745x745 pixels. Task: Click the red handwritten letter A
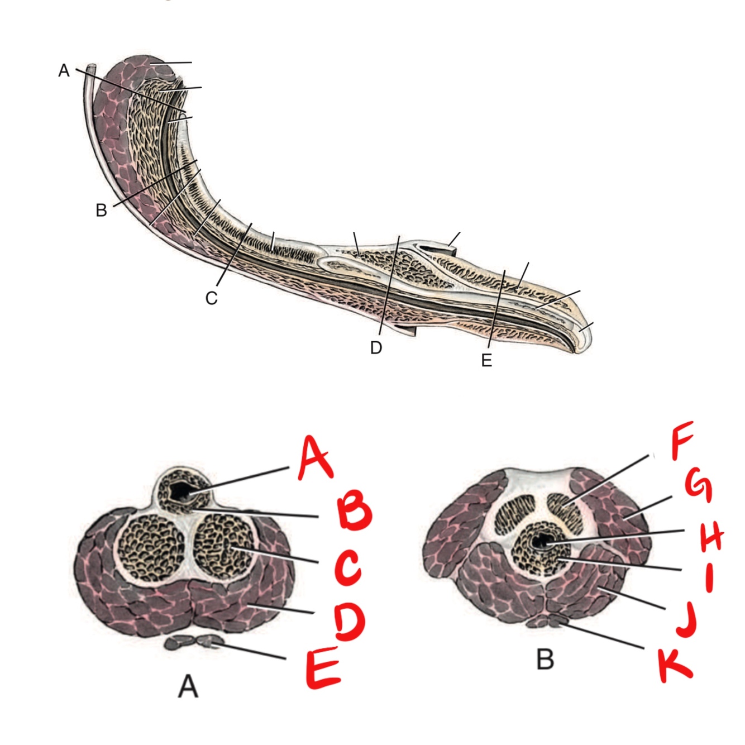316,460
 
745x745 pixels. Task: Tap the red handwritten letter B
353,513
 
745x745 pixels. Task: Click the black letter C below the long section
211,299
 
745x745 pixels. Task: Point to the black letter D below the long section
376,348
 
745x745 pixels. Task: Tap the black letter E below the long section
486,361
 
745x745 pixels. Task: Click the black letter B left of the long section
101,211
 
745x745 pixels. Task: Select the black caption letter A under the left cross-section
188,686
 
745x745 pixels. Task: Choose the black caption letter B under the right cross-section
545,660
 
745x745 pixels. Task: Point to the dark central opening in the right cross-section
540,541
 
